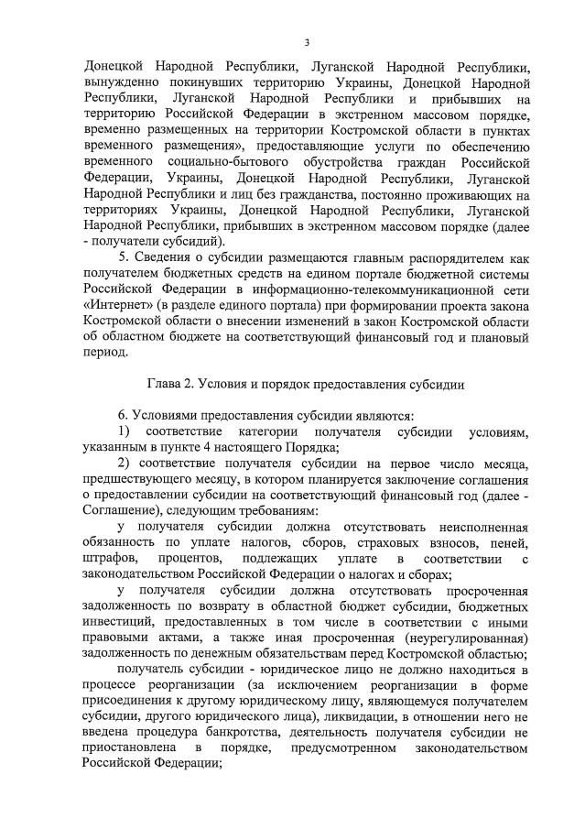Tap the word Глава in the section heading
[x=168, y=384]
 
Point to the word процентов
[x=189, y=558]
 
